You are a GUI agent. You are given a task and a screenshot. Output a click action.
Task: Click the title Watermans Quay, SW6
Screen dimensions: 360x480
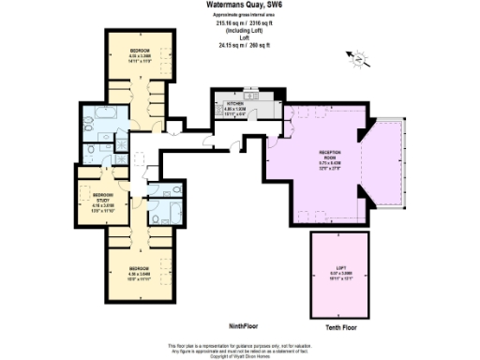click(239, 5)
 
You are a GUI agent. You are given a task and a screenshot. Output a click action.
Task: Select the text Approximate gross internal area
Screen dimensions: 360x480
click(239, 14)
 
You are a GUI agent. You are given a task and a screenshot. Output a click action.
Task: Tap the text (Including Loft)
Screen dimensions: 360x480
click(239, 30)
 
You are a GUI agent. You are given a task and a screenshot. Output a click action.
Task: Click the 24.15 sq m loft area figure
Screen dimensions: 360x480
click(239, 44)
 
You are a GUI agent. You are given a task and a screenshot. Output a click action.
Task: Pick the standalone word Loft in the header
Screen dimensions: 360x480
click(239, 37)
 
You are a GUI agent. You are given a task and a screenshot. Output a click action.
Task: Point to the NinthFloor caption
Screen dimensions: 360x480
click(243, 324)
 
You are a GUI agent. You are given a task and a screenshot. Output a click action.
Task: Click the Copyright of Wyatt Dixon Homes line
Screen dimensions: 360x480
click(239, 356)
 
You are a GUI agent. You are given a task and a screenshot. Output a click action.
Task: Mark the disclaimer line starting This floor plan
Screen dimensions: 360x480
click(239, 346)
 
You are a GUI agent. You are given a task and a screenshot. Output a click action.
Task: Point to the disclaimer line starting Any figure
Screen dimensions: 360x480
click(239, 352)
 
